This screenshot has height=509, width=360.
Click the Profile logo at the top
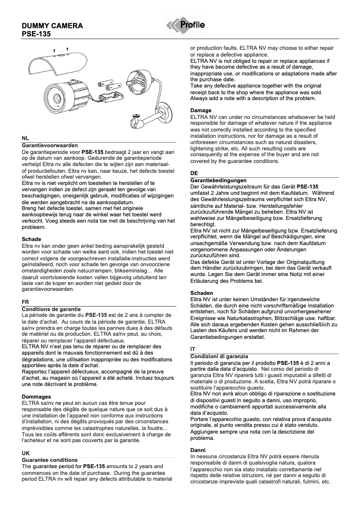(186, 26)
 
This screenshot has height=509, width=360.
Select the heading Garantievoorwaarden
(50, 145)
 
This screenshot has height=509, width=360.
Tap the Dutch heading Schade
(31, 239)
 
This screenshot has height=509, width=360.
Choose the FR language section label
(26, 303)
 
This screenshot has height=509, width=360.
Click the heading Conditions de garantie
(51, 309)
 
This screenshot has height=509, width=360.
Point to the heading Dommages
(36, 396)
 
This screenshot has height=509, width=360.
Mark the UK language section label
(26, 454)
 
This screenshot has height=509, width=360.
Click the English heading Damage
(201, 110)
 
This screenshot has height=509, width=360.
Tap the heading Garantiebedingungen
(218, 180)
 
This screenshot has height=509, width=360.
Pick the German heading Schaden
(201, 293)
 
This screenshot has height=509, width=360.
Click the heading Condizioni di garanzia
(219, 356)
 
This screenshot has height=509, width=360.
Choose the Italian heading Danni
(198, 449)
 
